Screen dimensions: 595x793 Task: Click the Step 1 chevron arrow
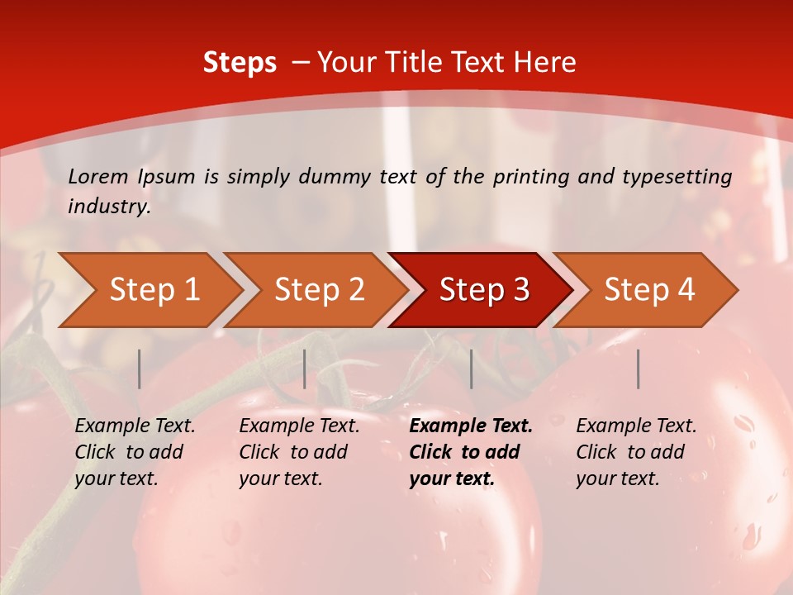(x=154, y=290)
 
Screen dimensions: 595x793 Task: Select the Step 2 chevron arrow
(x=319, y=290)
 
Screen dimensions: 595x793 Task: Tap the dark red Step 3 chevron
(x=484, y=290)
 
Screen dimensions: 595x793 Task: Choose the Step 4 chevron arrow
(x=649, y=290)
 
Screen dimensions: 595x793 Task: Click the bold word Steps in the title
(x=240, y=63)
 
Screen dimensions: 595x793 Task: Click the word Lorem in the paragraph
(x=98, y=176)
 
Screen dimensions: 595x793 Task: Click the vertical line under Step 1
(x=140, y=369)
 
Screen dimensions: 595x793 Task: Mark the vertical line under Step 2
(x=305, y=369)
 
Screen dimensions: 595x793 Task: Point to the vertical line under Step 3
(x=471, y=369)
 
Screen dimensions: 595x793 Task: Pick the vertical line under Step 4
(x=639, y=369)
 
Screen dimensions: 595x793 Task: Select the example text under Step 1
(x=135, y=452)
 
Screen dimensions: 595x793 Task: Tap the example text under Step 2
(x=299, y=452)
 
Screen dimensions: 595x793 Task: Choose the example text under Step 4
(x=636, y=452)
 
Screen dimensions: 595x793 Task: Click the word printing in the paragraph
(x=529, y=176)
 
